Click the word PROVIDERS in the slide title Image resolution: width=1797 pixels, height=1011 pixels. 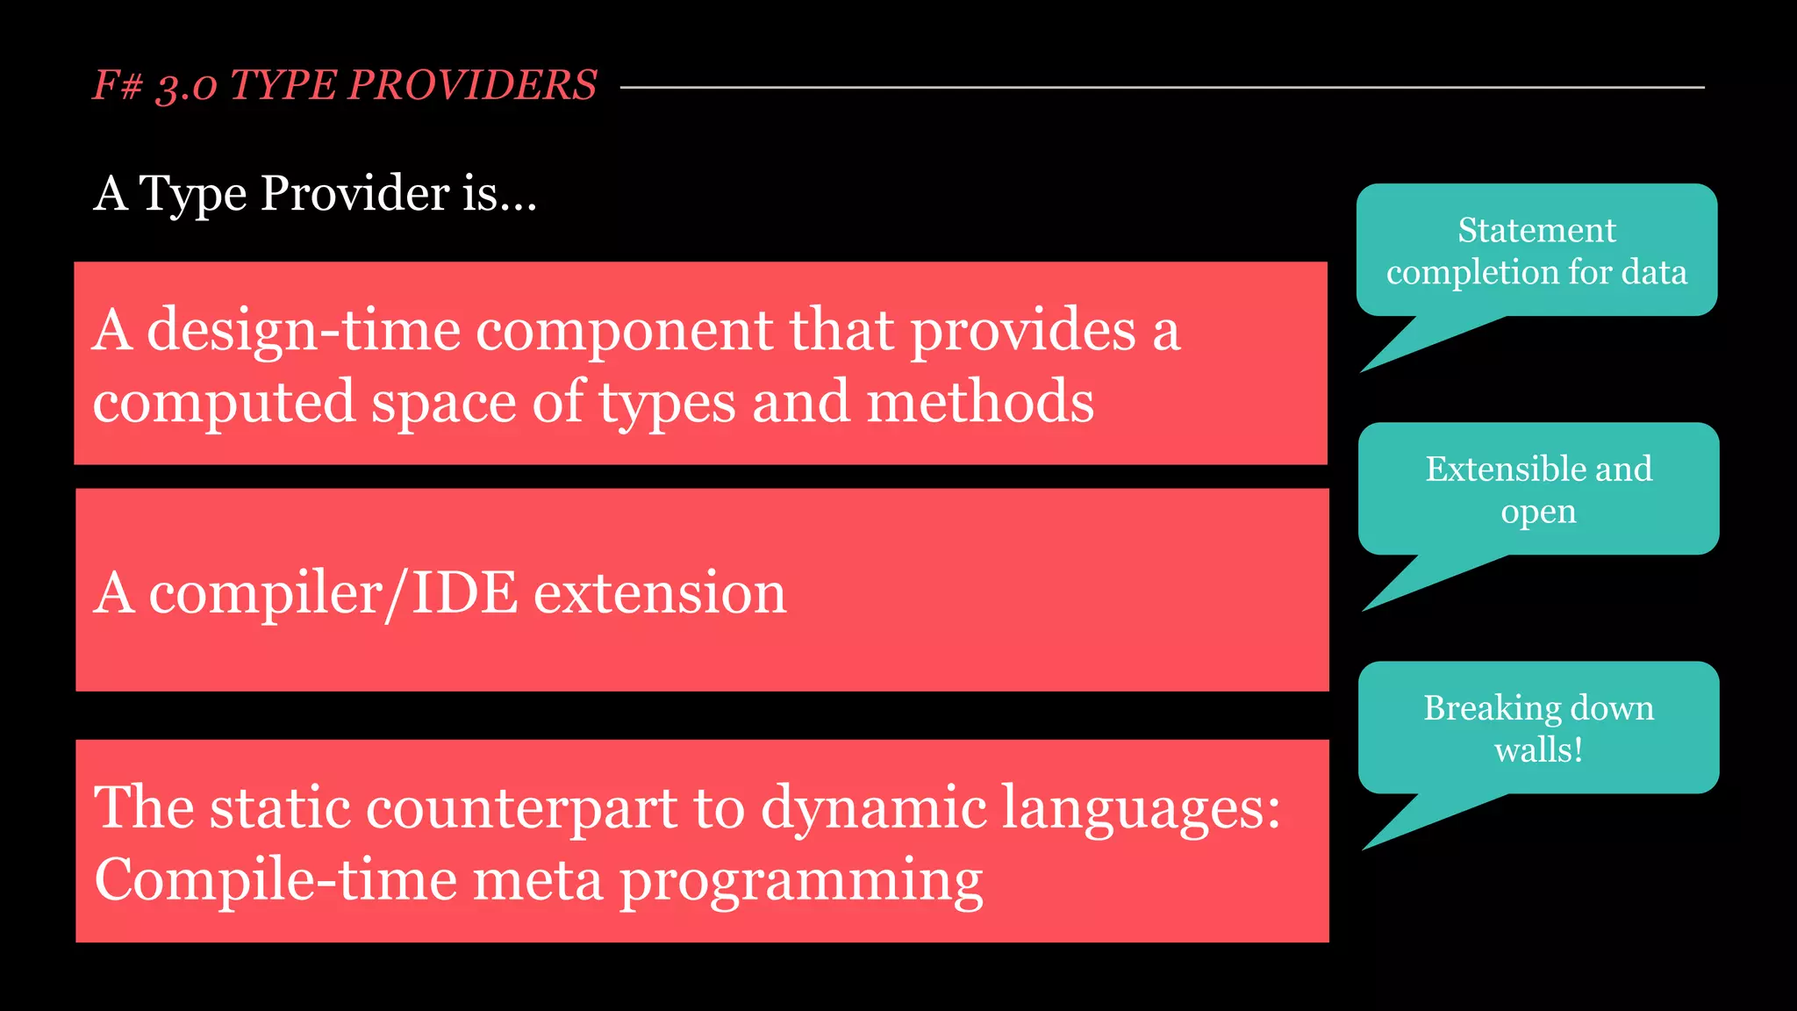pyautogui.click(x=472, y=86)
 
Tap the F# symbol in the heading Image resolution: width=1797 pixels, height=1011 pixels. pyautogui.click(x=117, y=86)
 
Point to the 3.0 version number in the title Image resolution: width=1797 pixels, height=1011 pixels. pyautogui.click(x=186, y=88)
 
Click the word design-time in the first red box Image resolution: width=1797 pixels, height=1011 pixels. pyautogui.click(x=304, y=332)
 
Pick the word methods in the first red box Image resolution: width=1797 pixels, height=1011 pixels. pyautogui.click(x=980, y=402)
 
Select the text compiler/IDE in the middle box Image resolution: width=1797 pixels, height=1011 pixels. pyautogui.click(x=333, y=593)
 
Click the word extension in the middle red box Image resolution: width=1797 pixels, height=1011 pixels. pyautogui.click(x=660, y=593)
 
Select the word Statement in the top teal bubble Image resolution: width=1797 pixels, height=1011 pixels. pyautogui.click(x=1536, y=231)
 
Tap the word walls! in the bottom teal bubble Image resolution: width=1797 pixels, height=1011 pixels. pyautogui.click(x=1538, y=750)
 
